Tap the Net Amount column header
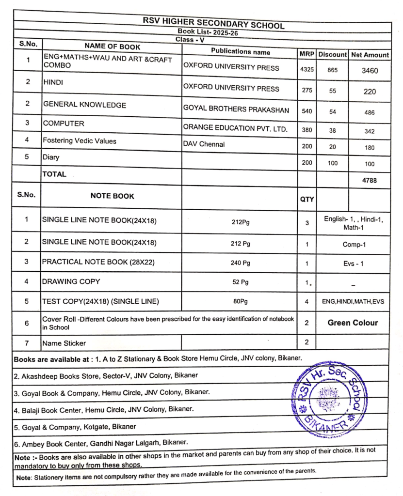click(370, 55)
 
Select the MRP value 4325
click(307, 70)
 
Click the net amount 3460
click(370, 71)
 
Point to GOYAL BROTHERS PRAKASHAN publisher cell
click(236, 110)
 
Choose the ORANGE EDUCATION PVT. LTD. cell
click(235, 128)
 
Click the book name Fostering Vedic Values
click(80, 141)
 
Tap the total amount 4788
click(370, 180)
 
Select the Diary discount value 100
click(333, 163)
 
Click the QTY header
click(307, 199)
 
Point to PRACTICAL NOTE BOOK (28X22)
click(99, 262)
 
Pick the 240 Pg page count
click(241, 263)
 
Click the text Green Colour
click(353, 323)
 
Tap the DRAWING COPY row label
click(71, 281)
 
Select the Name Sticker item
click(64, 343)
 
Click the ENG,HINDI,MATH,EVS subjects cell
click(353, 301)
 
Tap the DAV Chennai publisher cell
click(204, 144)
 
